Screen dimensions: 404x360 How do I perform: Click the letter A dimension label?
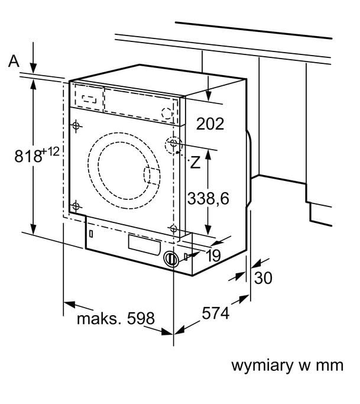pos(14,62)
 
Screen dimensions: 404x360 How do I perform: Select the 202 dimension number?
pos(210,124)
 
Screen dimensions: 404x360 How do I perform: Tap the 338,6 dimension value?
pos(208,198)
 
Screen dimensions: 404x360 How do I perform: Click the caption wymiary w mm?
pos(286,364)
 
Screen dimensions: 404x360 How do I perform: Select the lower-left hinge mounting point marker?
pos(76,205)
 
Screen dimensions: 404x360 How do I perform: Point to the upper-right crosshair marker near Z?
pos(174,144)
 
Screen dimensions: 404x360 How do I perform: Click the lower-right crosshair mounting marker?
pos(173,228)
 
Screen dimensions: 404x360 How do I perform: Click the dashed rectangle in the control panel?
pos(89,98)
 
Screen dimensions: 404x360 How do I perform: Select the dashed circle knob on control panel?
pos(168,112)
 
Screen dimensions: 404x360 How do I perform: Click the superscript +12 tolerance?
pos(51,152)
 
